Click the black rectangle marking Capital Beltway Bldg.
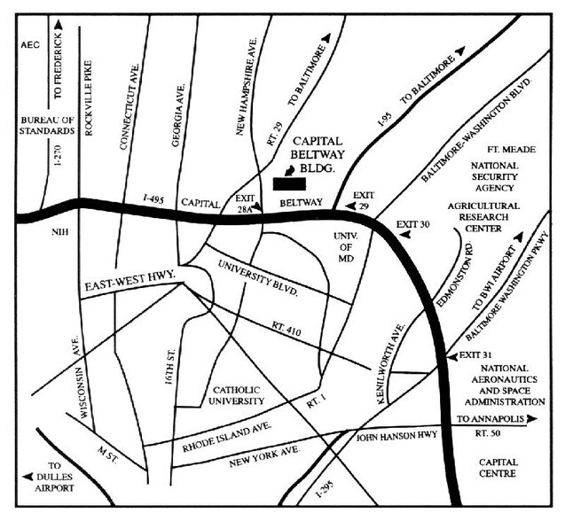click(x=290, y=183)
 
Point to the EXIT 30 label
click(x=414, y=224)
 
